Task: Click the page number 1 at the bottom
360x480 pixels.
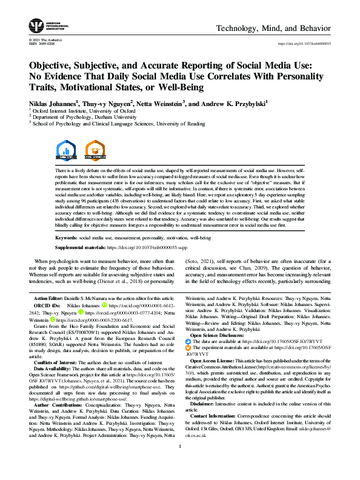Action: pyautogui.click(x=180, y=463)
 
